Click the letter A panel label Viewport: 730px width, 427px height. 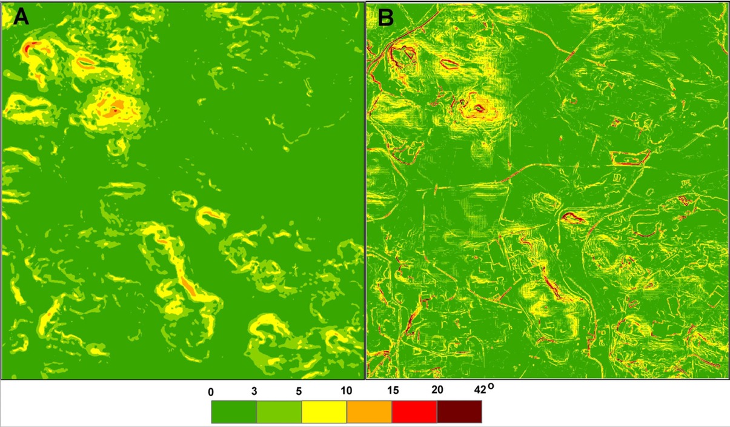point(21,18)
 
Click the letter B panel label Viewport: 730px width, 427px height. point(386,18)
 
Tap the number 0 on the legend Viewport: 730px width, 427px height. point(211,392)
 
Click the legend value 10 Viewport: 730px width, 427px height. point(347,392)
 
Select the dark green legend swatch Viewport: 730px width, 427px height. point(234,412)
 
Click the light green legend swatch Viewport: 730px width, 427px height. point(279,412)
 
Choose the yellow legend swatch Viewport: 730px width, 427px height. point(324,412)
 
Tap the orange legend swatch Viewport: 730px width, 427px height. point(370,412)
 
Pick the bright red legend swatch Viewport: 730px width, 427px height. point(414,412)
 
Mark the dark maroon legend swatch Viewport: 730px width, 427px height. point(459,412)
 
